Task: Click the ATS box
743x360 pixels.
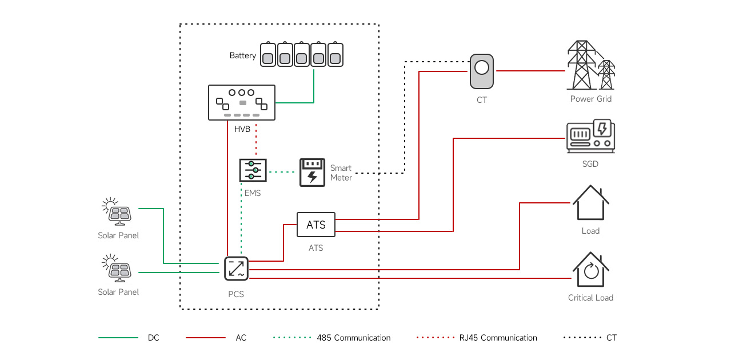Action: (315, 225)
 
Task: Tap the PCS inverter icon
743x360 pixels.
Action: (236, 269)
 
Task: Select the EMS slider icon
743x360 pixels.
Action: (253, 170)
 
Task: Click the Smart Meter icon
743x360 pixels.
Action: (312, 173)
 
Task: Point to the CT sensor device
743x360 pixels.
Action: (482, 71)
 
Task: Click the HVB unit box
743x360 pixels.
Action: (241, 102)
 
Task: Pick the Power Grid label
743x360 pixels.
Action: (591, 99)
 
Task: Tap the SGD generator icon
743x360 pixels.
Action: (590, 136)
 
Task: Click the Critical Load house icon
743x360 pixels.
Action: (591, 270)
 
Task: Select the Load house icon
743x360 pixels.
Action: (591, 202)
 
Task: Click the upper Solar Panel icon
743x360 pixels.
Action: (117, 211)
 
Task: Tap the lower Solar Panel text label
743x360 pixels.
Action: (118, 292)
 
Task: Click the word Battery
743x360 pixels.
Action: (242, 55)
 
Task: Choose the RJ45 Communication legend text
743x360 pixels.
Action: (498, 338)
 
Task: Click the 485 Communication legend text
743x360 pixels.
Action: (354, 338)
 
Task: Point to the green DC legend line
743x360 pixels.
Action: (118, 338)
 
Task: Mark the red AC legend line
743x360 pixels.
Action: (206, 338)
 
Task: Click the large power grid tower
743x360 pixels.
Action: (581, 65)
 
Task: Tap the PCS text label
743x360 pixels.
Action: (236, 294)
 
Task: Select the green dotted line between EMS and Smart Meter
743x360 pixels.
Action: (282, 172)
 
